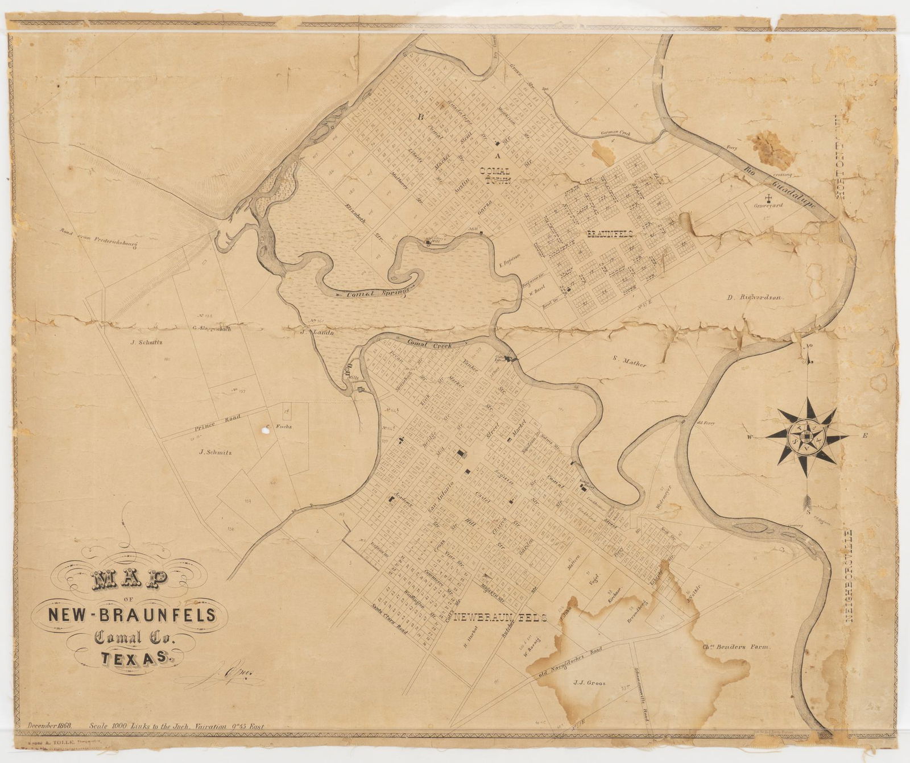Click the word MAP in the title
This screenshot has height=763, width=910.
click(130, 582)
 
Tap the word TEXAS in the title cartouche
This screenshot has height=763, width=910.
click(135, 658)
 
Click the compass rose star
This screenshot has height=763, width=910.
click(806, 437)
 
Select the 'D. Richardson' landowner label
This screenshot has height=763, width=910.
click(756, 297)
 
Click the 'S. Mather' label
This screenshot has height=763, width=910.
click(630, 361)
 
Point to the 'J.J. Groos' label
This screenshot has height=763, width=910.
click(590, 683)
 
